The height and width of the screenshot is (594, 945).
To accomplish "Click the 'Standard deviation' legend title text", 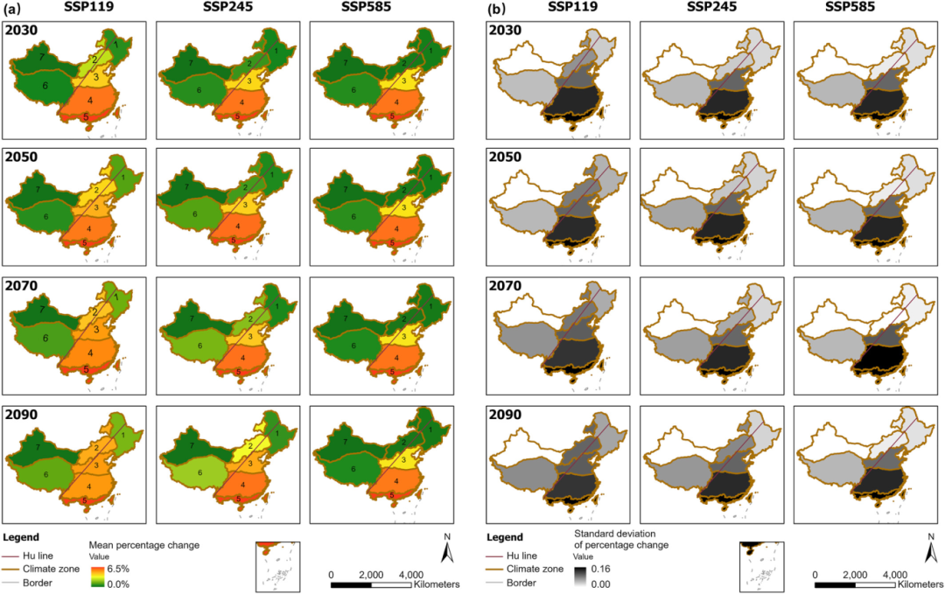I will pyautogui.click(x=620, y=532).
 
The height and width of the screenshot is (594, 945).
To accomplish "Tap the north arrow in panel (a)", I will pyautogui.click(x=444, y=549).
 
